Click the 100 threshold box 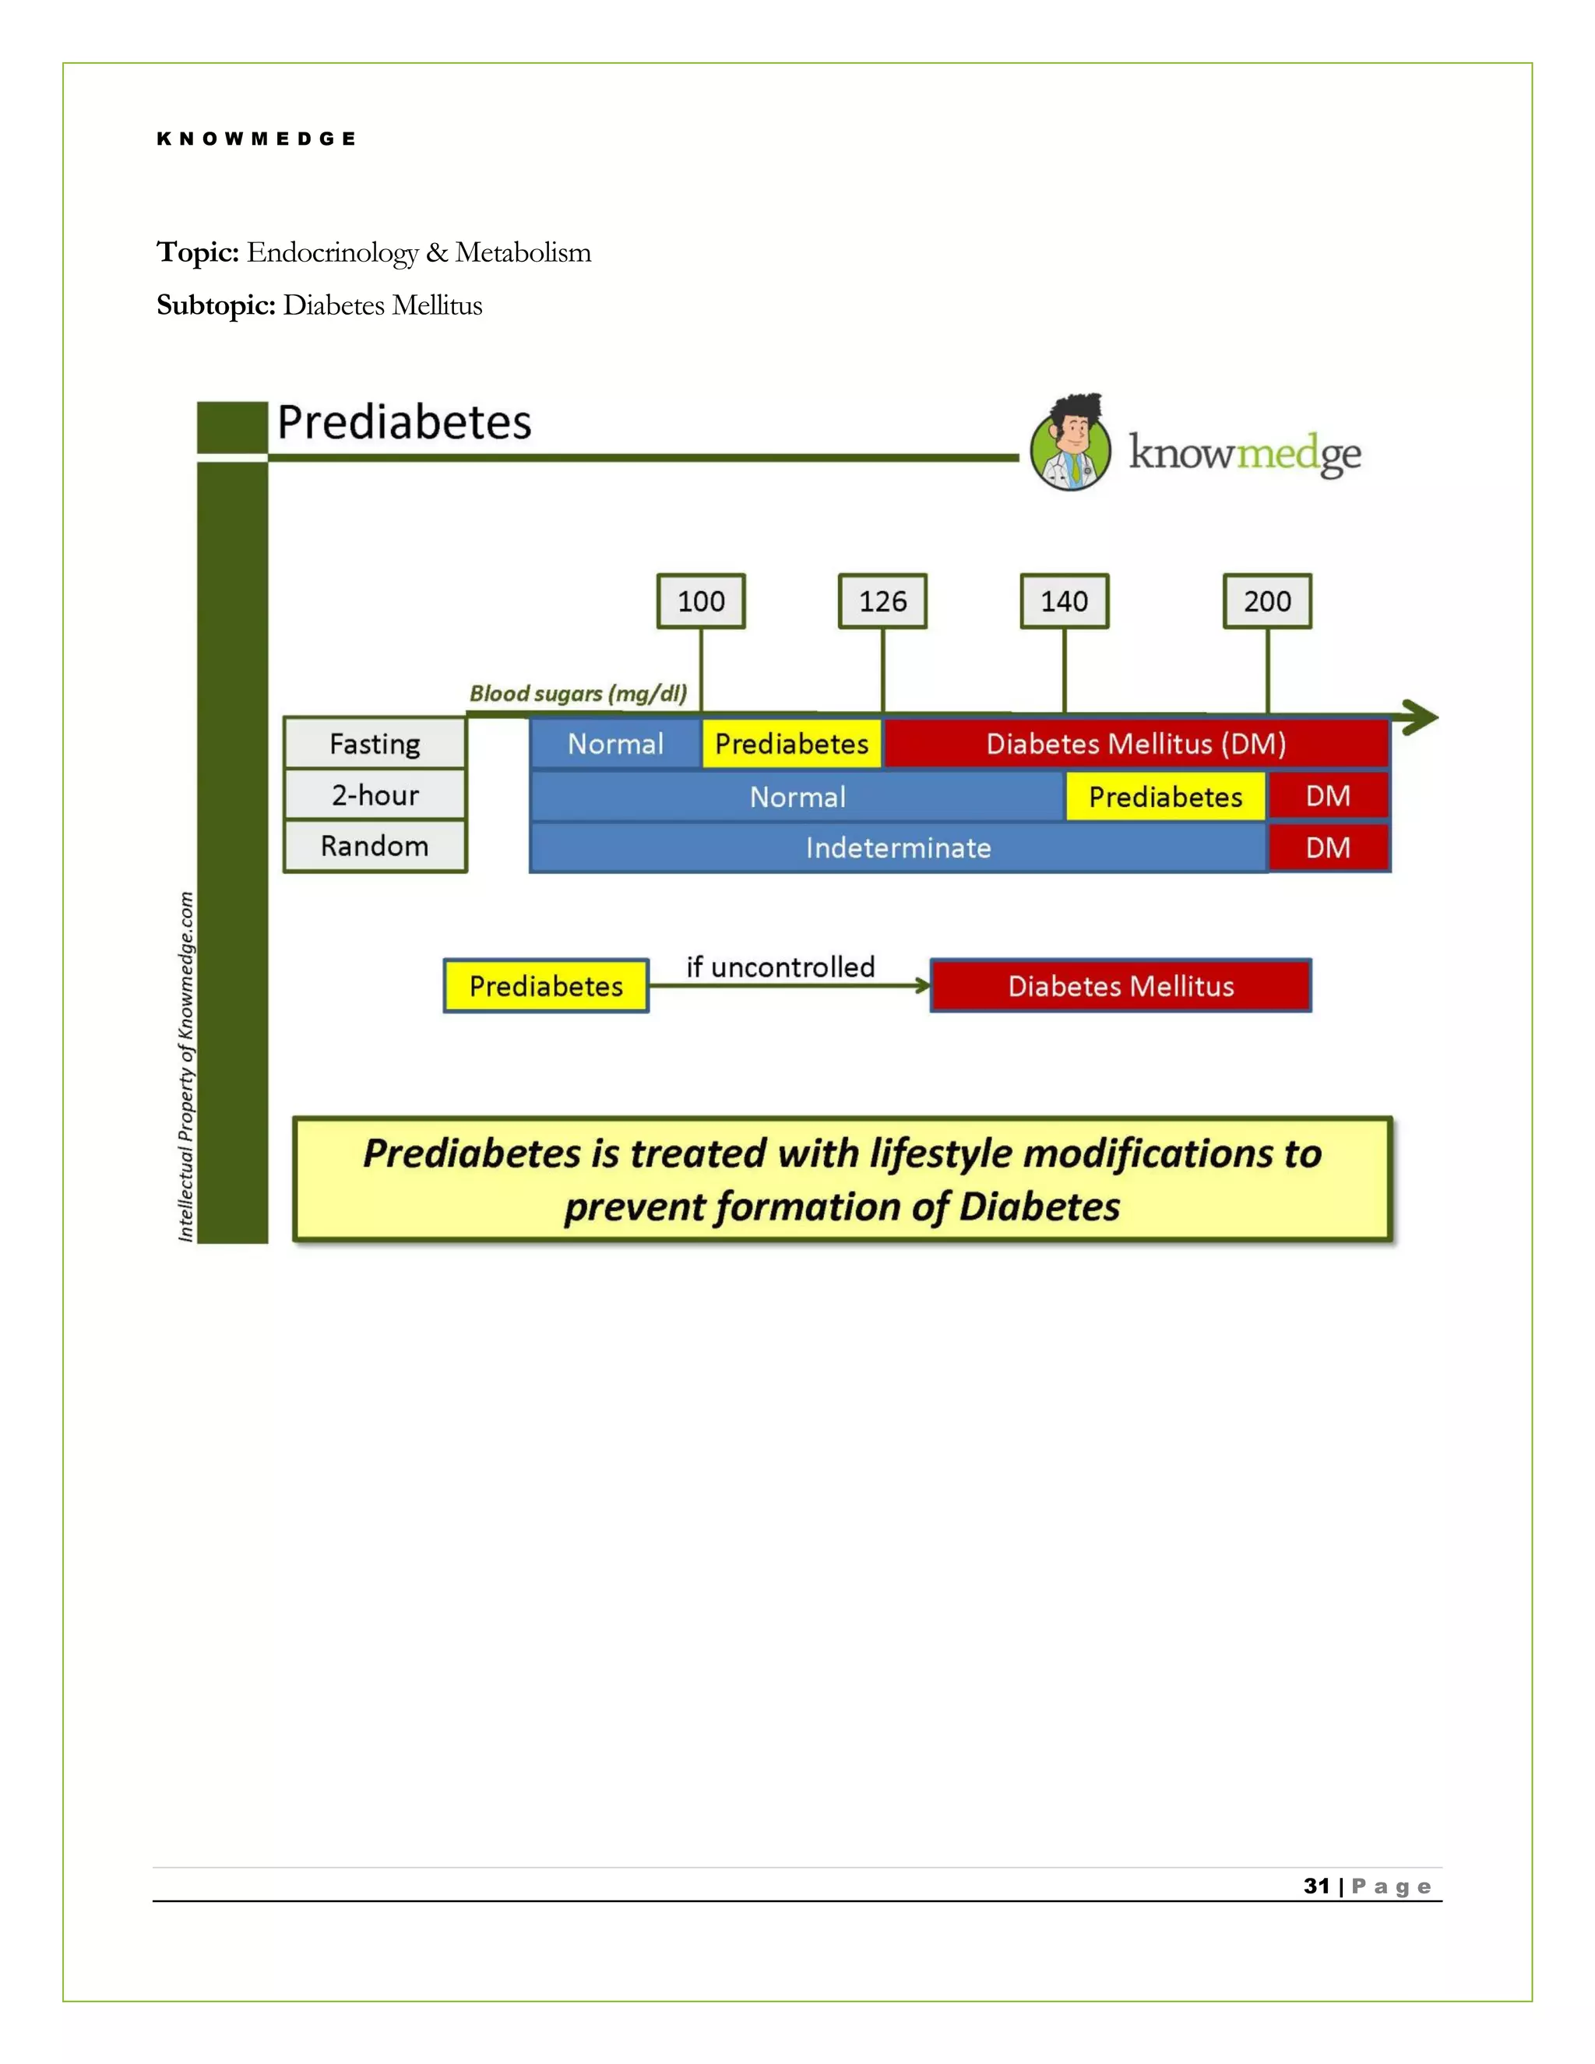tap(700, 601)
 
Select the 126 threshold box tap(882, 601)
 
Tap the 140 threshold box tap(1064, 601)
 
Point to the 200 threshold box tap(1266, 601)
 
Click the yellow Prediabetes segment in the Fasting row tap(791, 744)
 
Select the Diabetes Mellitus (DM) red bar tap(1135, 744)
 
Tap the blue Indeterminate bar tap(898, 847)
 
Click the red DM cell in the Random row tap(1328, 847)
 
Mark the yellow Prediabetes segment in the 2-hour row tap(1164, 797)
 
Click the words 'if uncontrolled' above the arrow tap(780, 967)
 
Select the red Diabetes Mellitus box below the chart tap(1121, 986)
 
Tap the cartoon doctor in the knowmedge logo tap(1071, 443)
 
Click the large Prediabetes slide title tap(403, 422)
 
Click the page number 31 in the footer tap(1316, 1886)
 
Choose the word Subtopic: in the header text tap(217, 305)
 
